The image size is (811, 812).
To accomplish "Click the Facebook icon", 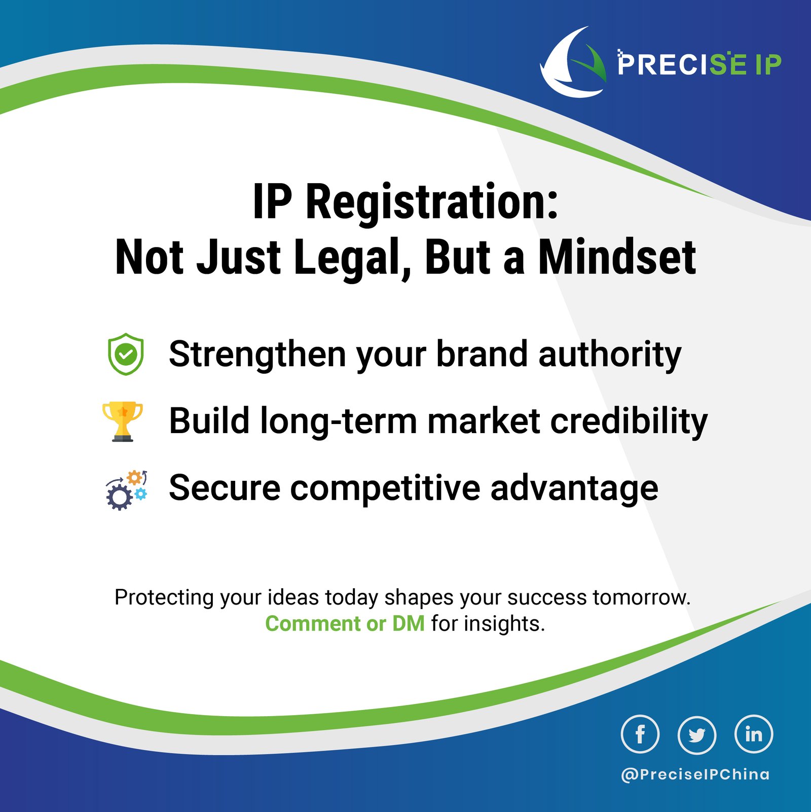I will [x=640, y=734].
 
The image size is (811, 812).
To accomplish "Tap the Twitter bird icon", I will [x=697, y=734].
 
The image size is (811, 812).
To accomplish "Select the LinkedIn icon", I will [x=754, y=734].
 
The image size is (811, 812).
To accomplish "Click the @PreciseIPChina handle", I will [x=695, y=774].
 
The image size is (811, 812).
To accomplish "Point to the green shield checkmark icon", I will [x=126, y=354].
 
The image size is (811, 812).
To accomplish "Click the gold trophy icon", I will [x=123, y=421].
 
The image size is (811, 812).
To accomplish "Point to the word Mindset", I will [x=617, y=257].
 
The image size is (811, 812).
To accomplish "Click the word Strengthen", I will [x=257, y=354].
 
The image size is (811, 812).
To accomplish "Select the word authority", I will [x=610, y=354].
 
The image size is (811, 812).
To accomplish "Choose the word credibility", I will [x=629, y=421].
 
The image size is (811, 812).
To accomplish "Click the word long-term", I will [x=338, y=421].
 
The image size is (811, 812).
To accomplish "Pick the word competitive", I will [x=385, y=488].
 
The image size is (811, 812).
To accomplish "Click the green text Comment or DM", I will [x=345, y=624].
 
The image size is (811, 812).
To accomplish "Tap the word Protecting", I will [x=164, y=597].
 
